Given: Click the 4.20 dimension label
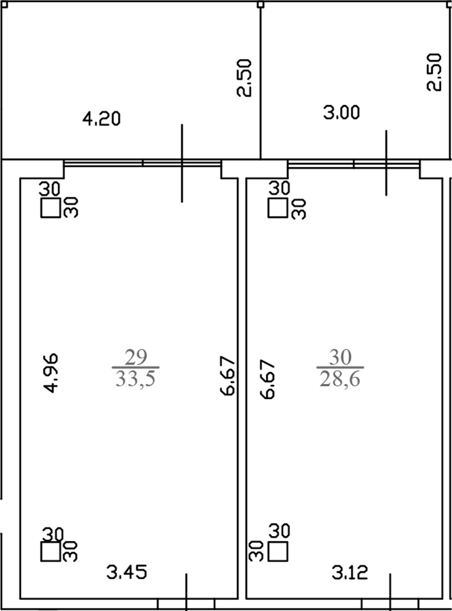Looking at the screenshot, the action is [x=101, y=119].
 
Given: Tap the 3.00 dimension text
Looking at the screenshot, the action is [x=342, y=113].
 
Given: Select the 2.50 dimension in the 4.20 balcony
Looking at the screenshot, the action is [x=245, y=78].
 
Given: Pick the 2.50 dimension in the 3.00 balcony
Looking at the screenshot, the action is [x=434, y=72].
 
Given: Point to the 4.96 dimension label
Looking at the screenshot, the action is [x=50, y=373].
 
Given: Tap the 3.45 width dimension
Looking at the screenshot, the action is [x=127, y=573].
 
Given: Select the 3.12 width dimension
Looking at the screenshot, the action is [x=350, y=573].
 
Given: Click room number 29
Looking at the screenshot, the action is [x=136, y=357].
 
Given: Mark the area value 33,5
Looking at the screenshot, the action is [x=136, y=378].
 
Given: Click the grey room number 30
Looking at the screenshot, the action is [x=340, y=357].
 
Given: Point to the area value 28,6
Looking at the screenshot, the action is [x=340, y=378].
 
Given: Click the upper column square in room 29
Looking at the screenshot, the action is [x=51, y=208].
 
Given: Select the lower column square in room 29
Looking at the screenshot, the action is [x=51, y=552].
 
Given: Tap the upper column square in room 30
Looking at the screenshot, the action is [x=278, y=208].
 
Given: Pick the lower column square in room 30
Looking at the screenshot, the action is [x=279, y=552].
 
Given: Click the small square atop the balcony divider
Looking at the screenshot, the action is [x=261, y=5].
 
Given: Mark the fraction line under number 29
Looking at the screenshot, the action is [x=136, y=367].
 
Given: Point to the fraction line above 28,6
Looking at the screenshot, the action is [x=340, y=367].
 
